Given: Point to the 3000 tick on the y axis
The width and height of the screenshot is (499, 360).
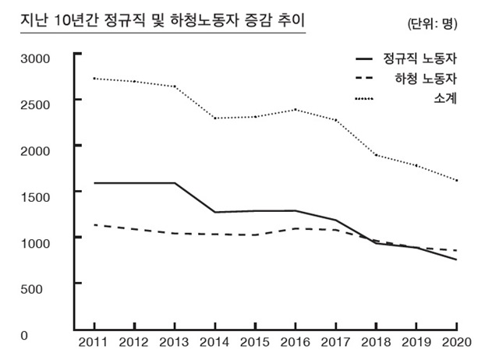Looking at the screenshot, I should tap(35, 58).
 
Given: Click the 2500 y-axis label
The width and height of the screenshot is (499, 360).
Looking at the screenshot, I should tap(35, 104).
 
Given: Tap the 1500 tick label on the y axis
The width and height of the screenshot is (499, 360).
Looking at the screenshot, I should tap(35, 196).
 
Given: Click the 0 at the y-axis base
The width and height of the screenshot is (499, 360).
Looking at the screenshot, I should tap(24, 335).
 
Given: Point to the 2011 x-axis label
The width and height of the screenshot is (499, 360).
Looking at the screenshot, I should tap(94, 343).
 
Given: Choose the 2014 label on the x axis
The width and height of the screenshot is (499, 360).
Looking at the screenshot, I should tap(215, 343).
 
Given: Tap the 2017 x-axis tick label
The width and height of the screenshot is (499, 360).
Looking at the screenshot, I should tap(335, 343).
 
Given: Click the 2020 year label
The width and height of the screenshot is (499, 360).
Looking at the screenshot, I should tap(455, 343).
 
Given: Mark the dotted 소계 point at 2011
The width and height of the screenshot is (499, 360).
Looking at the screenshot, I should tap(94, 79).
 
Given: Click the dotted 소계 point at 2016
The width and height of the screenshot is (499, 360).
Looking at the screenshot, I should tap(295, 110).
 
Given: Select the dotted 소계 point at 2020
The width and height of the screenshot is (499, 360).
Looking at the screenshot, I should tap(455, 181).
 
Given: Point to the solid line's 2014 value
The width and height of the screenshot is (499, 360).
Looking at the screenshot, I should tap(214, 212).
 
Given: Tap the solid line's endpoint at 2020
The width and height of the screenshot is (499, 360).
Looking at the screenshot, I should tap(455, 259).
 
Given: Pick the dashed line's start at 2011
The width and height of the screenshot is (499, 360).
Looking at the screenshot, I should tap(94, 224).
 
